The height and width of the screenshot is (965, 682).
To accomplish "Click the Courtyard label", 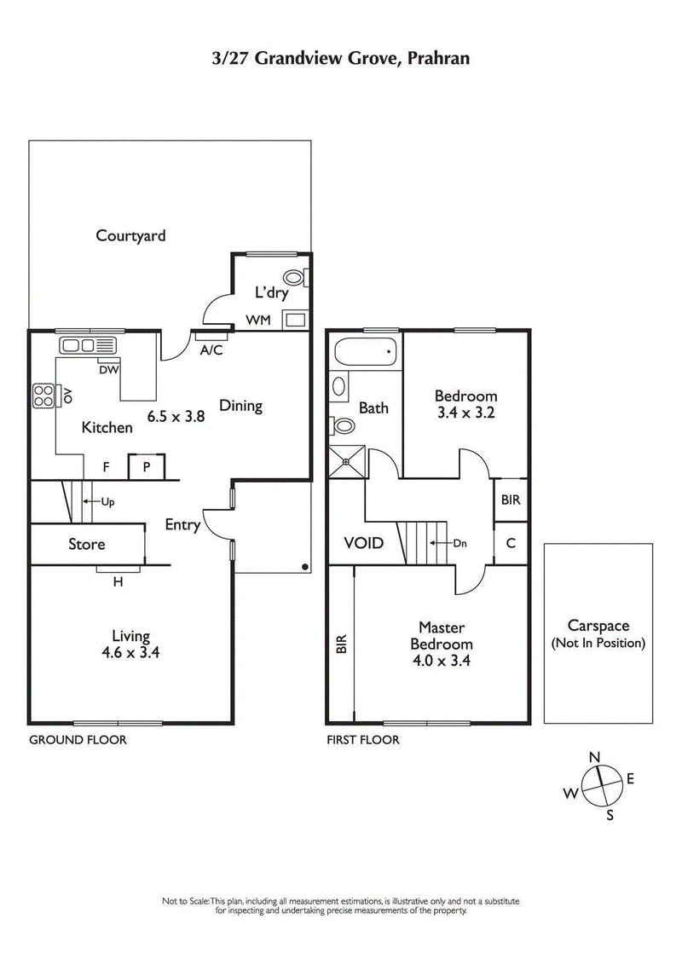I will pos(130,235).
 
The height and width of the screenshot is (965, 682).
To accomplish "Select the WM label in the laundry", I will pos(258,320).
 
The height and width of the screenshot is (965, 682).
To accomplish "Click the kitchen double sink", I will pos(86,345).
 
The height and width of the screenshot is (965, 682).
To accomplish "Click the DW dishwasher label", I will pos(108,369).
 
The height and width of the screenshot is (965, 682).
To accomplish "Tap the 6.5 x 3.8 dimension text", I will pos(176,417).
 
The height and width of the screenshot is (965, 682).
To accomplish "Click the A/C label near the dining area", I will pos(211,350).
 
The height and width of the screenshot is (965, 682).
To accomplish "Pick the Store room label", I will pos(86,544).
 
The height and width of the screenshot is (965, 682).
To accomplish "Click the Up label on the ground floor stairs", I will pos(107,502).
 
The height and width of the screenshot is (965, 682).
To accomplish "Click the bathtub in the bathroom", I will pos(365,350).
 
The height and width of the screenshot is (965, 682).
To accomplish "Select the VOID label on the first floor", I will pos(363,543).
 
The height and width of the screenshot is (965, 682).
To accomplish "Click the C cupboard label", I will pos(511,543).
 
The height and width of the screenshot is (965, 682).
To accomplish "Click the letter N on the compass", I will pos(595,757).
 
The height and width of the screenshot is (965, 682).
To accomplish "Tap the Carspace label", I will pos(598,627).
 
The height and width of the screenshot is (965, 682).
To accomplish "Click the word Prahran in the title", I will pos(434,58).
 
